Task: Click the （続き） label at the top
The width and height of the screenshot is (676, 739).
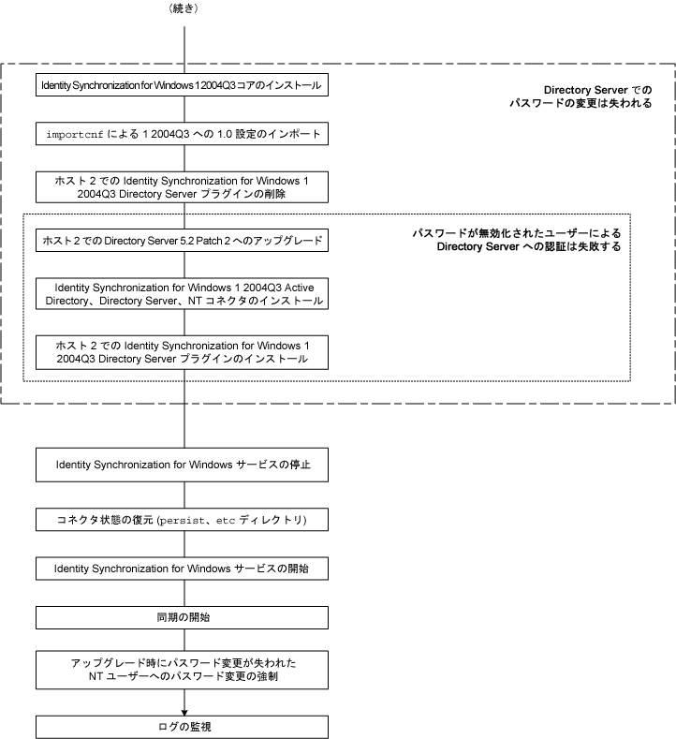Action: click(184, 9)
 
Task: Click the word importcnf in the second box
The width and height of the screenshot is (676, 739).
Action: click(76, 135)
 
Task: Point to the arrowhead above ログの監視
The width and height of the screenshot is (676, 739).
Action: click(184, 710)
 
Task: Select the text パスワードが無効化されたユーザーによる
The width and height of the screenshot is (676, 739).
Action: click(517, 232)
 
